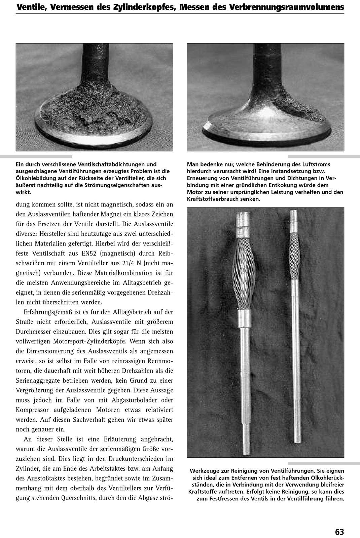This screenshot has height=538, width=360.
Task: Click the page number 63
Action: [x=339, y=523]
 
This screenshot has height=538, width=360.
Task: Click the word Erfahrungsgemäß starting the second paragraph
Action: [x=45, y=312]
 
